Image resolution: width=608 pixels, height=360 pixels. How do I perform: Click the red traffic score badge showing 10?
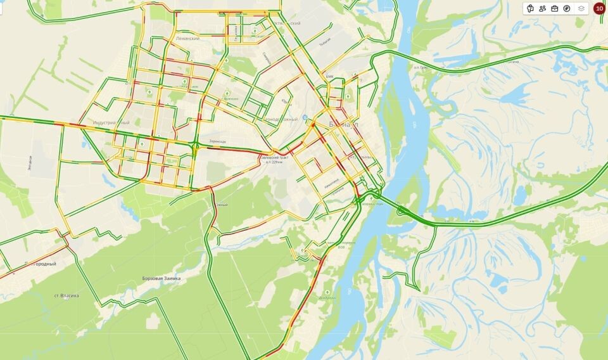pos(599,8)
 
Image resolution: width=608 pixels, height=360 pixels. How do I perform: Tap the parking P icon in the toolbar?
pos(567,8)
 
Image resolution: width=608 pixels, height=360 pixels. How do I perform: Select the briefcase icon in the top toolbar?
pos(554,8)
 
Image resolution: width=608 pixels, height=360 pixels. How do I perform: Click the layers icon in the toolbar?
pos(580,8)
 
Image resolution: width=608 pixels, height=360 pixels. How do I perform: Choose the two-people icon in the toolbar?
pos(542,8)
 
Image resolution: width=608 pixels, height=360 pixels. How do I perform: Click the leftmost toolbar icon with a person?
pos(530,8)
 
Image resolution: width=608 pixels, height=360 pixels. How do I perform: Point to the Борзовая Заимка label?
pos(161,278)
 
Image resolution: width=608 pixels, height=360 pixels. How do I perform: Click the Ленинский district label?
pos(187,39)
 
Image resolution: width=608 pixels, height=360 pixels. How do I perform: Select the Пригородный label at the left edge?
pos(38,264)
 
